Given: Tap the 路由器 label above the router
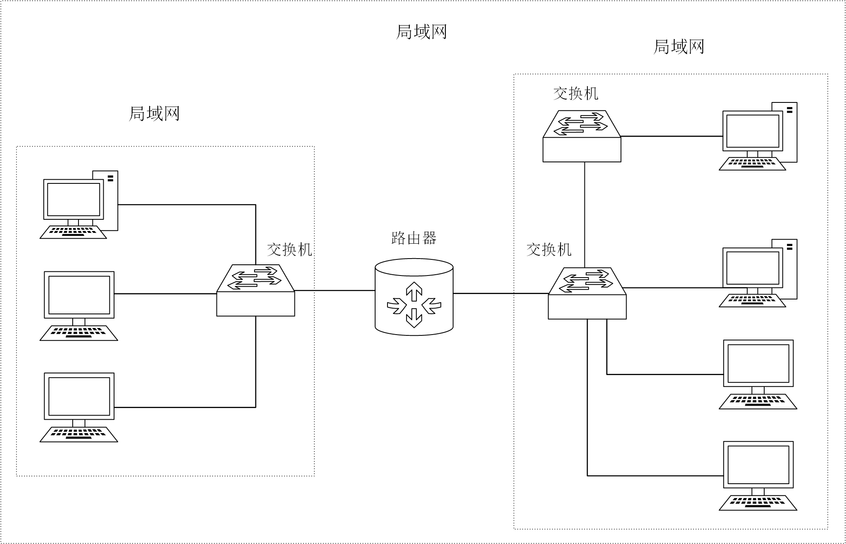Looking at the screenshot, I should [x=413, y=238].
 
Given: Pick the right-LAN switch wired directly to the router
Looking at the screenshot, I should [x=587, y=294].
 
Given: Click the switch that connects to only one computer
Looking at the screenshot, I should [x=582, y=136].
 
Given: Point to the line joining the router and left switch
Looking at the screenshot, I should [x=335, y=290].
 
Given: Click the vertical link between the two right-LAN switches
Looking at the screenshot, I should [x=585, y=215].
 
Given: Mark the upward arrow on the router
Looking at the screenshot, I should [x=414, y=291].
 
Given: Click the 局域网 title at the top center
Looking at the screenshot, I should [x=421, y=32].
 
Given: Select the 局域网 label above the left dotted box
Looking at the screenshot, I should [x=154, y=113].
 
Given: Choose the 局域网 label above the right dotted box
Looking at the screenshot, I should [x=678, y=47].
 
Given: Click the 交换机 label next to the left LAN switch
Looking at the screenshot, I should [x=289, y=249].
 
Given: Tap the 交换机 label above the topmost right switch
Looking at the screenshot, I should [x=575, y=93].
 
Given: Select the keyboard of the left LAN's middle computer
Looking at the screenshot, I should [x=78, y=333].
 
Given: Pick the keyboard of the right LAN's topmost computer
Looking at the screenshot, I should [x=752, y=164].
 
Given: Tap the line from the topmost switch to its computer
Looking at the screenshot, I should [x=671, y=136].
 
